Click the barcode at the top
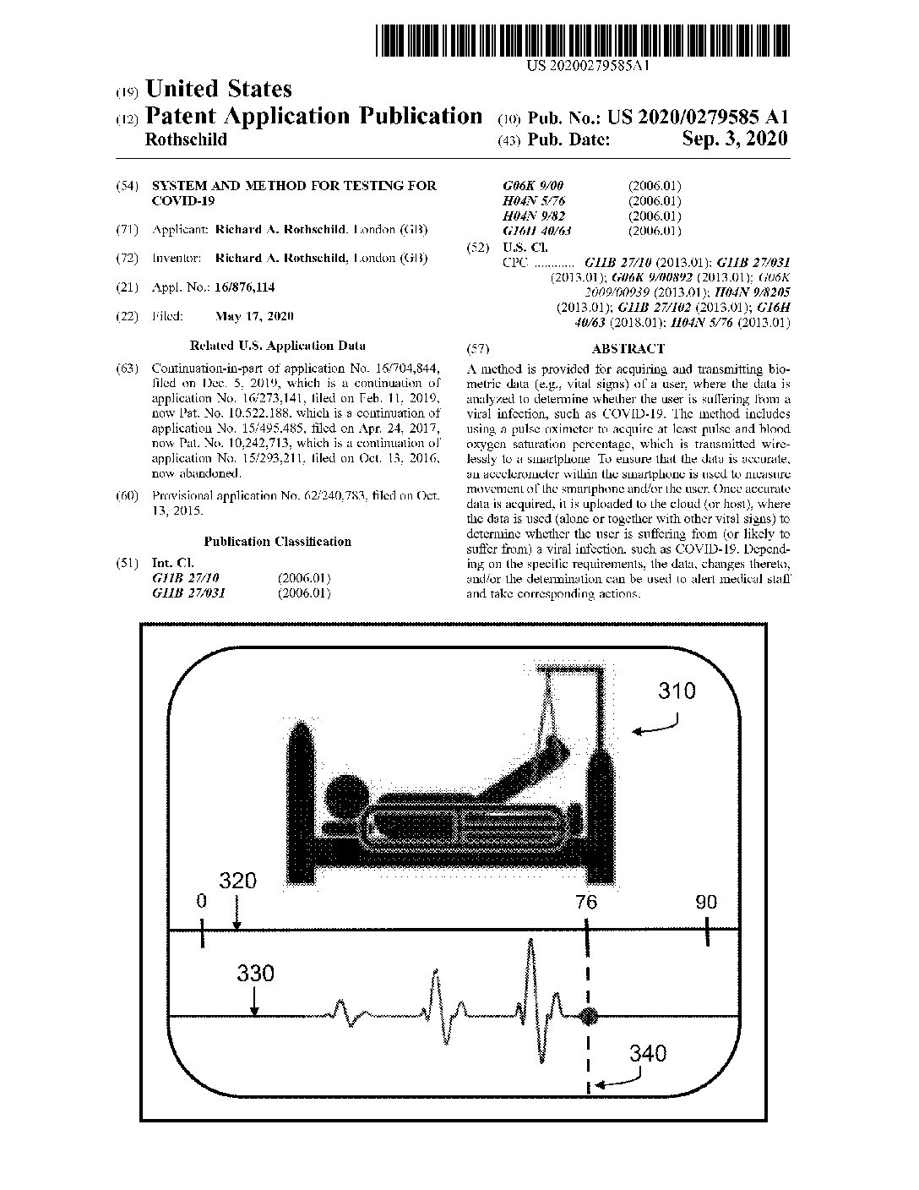(582, 40)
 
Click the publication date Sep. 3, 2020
(734, 139)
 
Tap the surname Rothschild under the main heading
(186, 140)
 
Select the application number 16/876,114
(244, 287)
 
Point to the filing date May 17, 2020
(254, 316)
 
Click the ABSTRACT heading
(628, 348)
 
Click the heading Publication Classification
(277, 542)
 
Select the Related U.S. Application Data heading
(277, 346)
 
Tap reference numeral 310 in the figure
(677, 691)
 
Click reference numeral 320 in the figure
(237, 881)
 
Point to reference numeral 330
(255, 973)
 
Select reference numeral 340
(647, 1053)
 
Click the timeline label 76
(586, 902)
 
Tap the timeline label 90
(706, 902)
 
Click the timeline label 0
(201, 902)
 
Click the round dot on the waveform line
(588, 1016)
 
